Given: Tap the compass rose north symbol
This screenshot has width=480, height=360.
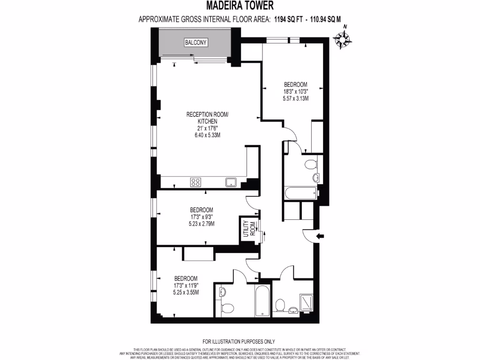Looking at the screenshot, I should point(344,40).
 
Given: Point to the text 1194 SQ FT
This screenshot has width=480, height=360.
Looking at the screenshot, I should point(286,19).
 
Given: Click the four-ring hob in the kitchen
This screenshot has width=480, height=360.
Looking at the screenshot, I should point(195,182).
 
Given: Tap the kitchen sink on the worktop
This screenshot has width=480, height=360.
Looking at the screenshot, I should point(230,182).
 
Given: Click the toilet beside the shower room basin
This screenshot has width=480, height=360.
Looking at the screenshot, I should point(279,306).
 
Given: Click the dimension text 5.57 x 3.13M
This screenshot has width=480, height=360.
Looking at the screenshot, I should point(295,99).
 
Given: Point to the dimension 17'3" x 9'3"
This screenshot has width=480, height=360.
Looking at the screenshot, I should point(202,217).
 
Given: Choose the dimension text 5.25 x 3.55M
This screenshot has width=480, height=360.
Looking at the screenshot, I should point(186,292).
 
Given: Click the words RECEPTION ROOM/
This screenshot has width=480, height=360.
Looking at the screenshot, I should point(207,114).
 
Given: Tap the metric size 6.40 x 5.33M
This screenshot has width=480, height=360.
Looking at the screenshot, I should point(207,135).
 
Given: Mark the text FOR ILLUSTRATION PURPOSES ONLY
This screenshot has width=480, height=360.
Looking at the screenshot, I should point(239,342).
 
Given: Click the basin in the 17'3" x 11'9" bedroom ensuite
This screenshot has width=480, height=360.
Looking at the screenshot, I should point(222,292).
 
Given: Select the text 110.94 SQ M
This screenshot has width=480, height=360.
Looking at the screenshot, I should point(323,19).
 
